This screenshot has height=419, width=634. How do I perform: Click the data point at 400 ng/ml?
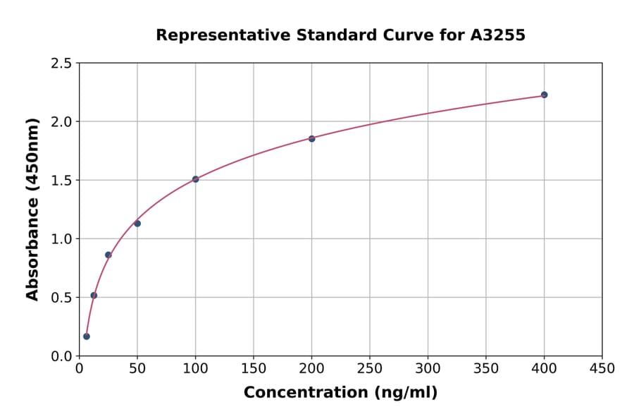(544, 95)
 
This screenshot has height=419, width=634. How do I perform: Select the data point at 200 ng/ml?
(311, 138)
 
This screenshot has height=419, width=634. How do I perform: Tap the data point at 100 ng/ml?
(195, 179)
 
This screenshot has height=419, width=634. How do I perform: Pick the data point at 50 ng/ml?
(137, 224)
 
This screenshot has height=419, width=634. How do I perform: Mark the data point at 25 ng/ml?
(108, 255)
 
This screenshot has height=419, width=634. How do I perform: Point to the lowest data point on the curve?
(87, 336)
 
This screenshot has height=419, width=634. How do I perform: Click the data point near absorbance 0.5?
(94, 296)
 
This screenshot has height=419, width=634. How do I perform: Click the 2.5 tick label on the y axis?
(61, 63)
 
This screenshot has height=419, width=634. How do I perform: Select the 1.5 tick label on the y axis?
(61, 181)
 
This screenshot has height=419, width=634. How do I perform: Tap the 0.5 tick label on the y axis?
(61, 298)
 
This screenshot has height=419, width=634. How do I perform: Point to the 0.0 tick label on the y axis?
(61, 356)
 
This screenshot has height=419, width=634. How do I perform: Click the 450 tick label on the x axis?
(602, 368)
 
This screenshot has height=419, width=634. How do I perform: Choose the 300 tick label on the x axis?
(428, 368)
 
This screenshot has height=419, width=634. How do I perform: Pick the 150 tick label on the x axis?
(254, 368)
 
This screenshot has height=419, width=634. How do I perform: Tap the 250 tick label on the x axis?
(370, 368)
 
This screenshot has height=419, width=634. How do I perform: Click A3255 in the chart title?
(497, 35)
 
